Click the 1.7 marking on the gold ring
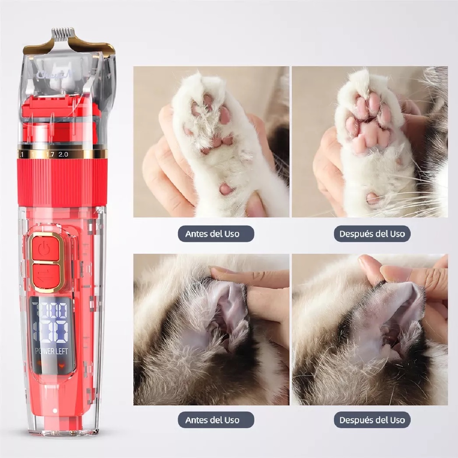coord(50,154)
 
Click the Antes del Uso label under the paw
coord(212,234)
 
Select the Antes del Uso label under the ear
coord(212,420)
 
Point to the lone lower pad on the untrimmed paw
coord(224,188)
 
